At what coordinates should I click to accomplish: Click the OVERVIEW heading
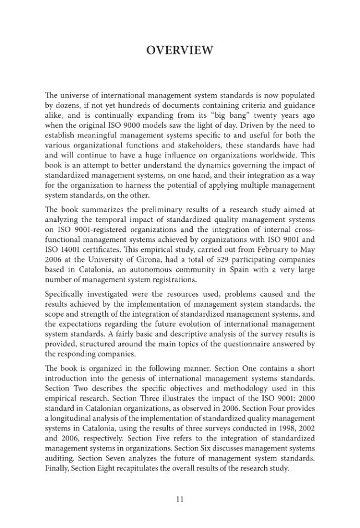(x=179, y=50)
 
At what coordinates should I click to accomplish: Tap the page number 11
(x=179, y=499)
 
